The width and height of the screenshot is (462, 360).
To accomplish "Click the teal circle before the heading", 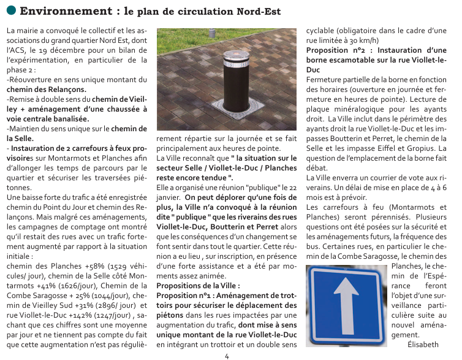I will [10, 12].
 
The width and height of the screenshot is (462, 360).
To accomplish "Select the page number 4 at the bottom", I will [227, 355].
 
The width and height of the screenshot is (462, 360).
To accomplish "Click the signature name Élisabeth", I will [423, 345].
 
